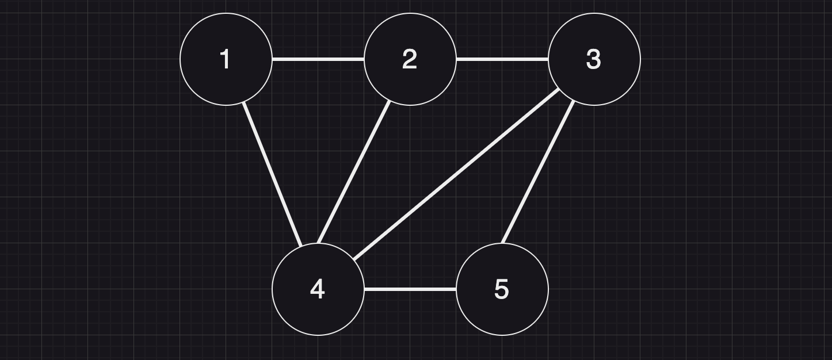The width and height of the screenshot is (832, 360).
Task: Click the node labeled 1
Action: pos(226,59)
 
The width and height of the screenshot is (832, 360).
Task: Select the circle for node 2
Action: pos(410,59)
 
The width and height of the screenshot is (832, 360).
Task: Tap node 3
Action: pos(594,59)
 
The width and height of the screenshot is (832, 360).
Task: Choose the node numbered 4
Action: pos(318,289)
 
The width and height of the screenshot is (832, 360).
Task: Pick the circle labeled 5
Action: pos(502,289)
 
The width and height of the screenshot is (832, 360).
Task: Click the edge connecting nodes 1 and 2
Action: pos(318,59)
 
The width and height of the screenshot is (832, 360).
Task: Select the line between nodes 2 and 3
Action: pos(502,59)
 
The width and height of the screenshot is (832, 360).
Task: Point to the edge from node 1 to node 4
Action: pos(272,174)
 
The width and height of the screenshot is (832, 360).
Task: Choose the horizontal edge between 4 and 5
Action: pos(410,289)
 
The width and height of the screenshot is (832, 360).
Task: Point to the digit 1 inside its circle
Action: pos(226,59)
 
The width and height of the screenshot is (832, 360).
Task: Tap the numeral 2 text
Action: pos(410,59)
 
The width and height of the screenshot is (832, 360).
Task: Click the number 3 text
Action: pos(594,59)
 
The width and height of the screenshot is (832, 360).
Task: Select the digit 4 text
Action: pos(318,289)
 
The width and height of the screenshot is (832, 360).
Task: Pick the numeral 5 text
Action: pos(502,289)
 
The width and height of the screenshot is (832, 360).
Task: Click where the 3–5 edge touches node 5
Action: pos(503,243)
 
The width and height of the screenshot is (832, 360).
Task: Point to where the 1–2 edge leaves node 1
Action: pos(272,59)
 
